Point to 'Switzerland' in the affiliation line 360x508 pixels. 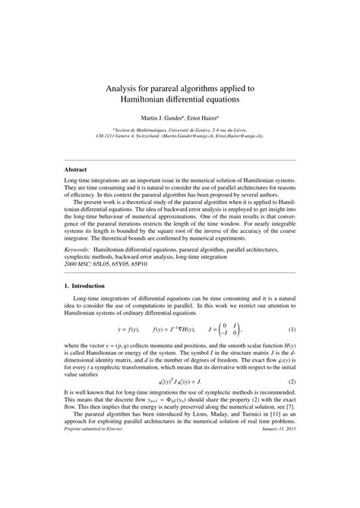click(152, 136)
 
